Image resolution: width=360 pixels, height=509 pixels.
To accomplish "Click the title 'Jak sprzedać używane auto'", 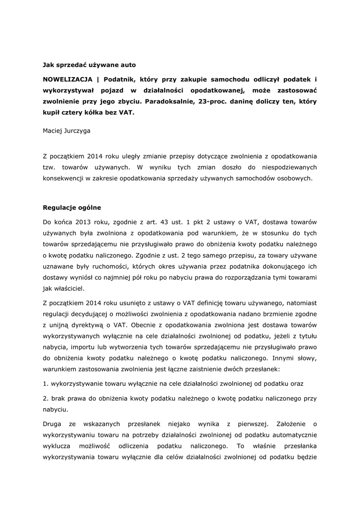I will click(89, 65).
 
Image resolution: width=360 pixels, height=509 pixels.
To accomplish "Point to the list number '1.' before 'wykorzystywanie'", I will click(45, 383).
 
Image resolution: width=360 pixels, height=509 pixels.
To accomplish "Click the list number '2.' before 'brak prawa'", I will click(45, 398).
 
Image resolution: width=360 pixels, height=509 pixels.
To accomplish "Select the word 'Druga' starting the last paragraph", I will click(52, 424).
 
